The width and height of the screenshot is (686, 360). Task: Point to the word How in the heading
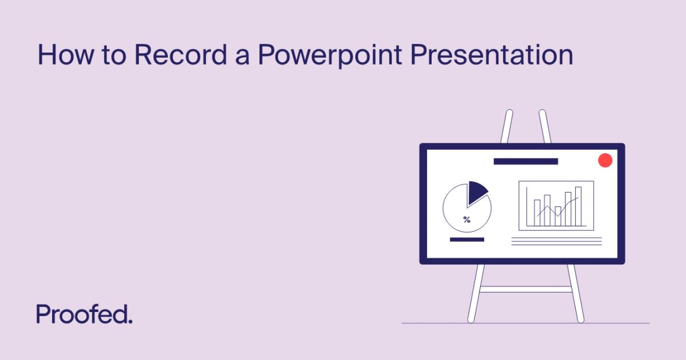59,56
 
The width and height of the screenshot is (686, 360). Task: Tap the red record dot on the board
605,161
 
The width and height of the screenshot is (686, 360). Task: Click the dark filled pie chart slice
476,193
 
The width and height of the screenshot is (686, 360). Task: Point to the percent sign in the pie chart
467,219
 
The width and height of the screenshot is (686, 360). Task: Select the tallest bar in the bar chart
578,206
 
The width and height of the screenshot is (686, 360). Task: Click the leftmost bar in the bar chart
537,212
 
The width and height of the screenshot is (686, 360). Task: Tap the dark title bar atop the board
525,162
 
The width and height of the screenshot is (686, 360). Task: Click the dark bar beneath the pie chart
467,239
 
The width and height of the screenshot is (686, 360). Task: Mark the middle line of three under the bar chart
556,241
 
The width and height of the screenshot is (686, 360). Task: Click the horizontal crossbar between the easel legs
525,289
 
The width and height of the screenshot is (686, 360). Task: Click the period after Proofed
131,322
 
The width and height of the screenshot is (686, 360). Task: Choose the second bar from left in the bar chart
547,210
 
